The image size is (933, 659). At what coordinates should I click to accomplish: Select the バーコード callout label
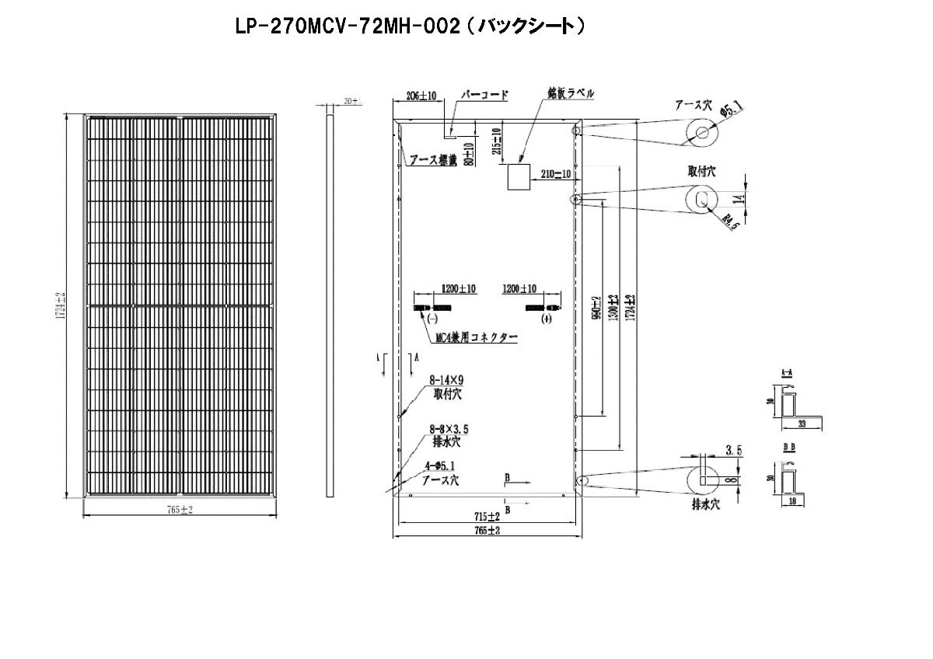pos(484,96)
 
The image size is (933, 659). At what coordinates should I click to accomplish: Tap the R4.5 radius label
pos(730,221)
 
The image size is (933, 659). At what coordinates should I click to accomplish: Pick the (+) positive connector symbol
pos(547,319)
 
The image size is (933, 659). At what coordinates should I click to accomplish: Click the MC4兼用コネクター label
pos(477,338)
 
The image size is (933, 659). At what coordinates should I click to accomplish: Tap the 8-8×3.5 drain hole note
pos(449,428)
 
